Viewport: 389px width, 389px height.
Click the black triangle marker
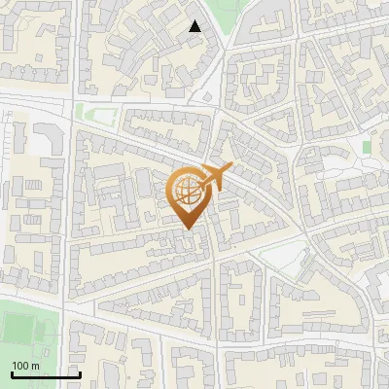click(x=195, y=26)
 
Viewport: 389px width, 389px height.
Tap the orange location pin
click(x=190, y=195)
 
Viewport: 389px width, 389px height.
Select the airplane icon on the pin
click(x=213, y=177)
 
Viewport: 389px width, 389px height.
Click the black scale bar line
click(x=45, y=374)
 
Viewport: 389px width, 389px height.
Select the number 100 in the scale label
click(x=20, y=366)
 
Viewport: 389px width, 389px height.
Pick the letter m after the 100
click(x=35, y=366)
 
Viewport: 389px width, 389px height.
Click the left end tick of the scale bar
click(x=11, y=372)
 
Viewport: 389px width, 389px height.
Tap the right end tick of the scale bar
click(x=79, y=372)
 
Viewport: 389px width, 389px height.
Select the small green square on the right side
click(x=367, y=147)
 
